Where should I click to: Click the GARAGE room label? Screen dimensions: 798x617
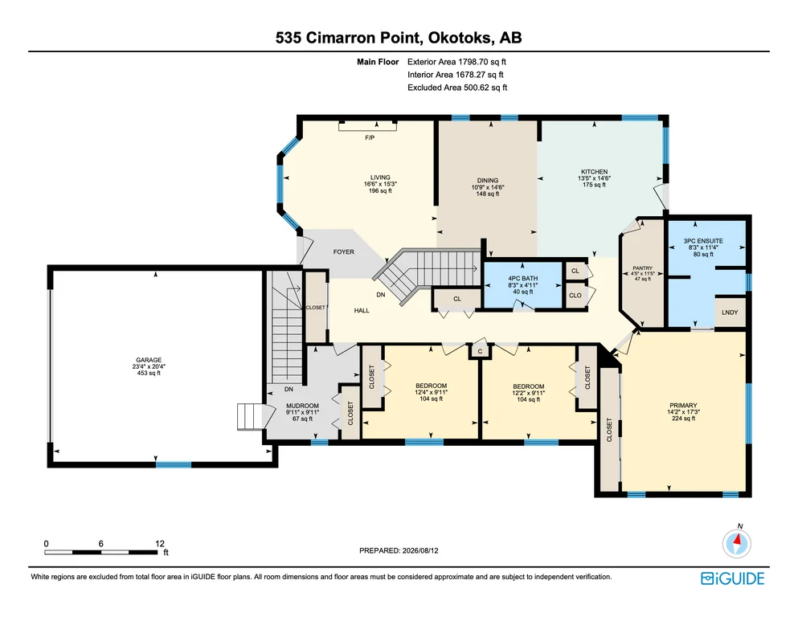[149, 360]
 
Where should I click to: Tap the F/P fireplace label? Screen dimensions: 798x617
[370, 138]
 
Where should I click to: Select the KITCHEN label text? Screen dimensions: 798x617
[595, 172]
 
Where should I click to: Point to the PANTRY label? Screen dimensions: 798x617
[642, 268]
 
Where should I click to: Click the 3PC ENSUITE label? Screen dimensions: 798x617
[703, 241]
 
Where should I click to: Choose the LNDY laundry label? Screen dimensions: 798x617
[730, 313]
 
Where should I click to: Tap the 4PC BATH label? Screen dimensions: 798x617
[522, 279]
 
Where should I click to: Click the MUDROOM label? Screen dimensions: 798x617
[302, 406]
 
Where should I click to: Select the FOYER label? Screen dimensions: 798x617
[343, 251]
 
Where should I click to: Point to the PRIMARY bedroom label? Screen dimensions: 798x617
[683, 406]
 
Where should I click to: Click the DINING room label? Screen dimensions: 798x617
[488, 181]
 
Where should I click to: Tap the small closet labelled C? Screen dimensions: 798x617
[480, 352]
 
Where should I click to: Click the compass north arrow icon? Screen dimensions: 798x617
[736, 543]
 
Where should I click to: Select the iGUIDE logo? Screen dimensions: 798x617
[732, 578]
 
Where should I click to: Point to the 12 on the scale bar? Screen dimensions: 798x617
[160, 544]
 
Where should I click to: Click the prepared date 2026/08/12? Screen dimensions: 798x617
[420, 550]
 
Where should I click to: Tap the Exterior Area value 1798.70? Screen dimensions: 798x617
[473, 62]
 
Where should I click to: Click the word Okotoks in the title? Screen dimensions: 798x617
[460, 38]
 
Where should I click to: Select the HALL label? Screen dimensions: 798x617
[362, 310]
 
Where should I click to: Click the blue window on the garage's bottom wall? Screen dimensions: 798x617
[174, 464]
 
